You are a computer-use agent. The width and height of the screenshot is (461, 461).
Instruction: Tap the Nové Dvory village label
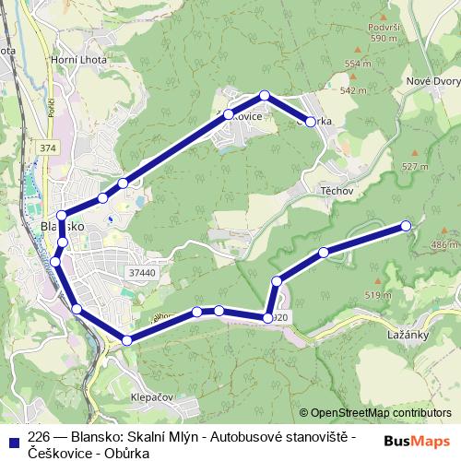(x=432, y=81)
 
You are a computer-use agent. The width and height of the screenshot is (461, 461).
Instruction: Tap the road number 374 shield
(x=48, y=148)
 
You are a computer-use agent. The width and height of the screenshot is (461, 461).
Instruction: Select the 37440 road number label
(x=143, y=273)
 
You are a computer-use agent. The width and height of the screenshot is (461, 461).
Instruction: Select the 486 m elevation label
(x=443, y=244)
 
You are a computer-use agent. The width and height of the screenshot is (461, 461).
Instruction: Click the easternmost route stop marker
(x=406, y=226)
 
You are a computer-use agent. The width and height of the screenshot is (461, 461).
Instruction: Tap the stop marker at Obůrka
(x=311, y=121)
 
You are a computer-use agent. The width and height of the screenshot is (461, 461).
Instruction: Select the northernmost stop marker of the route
(x=265, y=95)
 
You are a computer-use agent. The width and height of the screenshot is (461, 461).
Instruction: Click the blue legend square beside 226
(x=12, y=438)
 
